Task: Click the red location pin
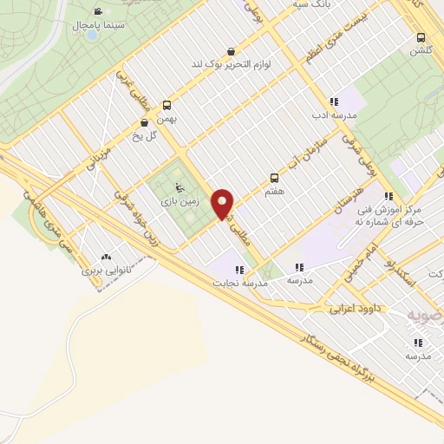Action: tap(224, 204)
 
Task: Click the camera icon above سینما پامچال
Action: tap(97, 12)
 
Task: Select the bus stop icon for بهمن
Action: tap(166, 106)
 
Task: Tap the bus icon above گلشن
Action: tap(421, 38)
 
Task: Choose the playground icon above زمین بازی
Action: tap(180, 187)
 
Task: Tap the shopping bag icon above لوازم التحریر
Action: tap(230, 51)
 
